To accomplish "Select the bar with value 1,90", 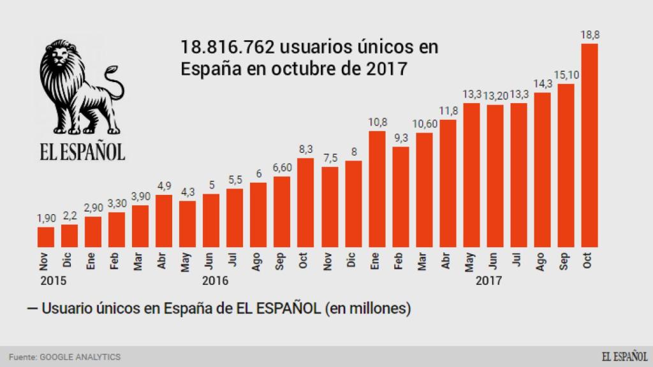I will coord(46,236).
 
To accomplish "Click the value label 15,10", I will coord(566,75).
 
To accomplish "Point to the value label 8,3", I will coord(305,149).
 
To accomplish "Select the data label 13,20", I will coord(495,96).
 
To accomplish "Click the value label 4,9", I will coord(164,186).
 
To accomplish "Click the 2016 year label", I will coord(214,280).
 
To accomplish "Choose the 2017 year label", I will coord(489,280).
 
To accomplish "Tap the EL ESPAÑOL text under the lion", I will coord(80,151).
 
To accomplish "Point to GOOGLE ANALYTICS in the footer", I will coord(80,357).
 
